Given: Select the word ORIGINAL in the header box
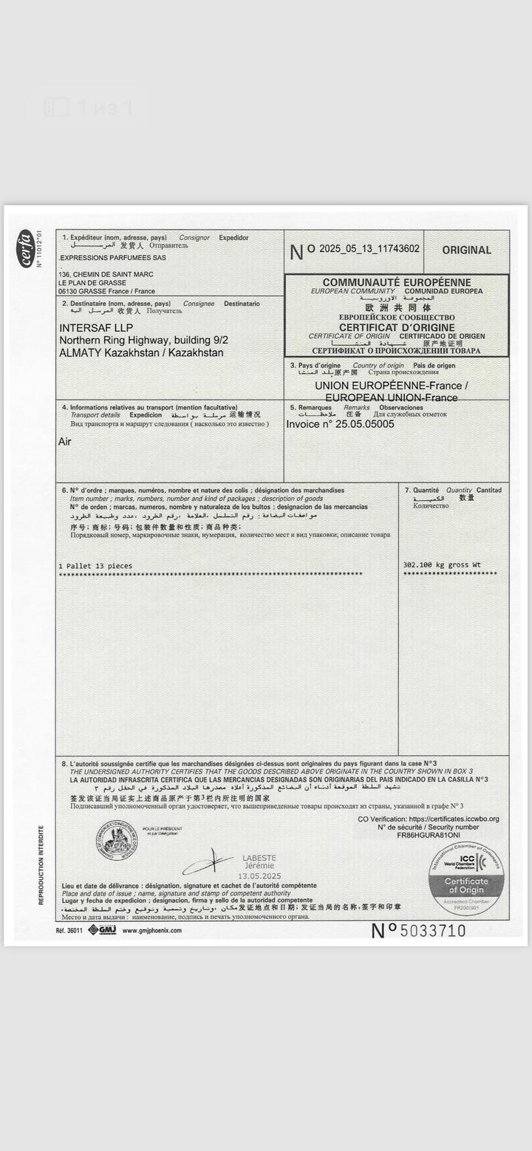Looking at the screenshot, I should pos(466,250).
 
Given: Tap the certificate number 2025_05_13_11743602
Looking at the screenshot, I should pos(364,249).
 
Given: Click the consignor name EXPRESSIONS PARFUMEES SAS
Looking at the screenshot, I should pos(112,258).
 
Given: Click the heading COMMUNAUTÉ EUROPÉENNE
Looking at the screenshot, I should pos(396,283).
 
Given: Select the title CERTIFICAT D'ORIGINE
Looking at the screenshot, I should pos(397,327).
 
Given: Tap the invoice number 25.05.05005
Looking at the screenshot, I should pos(365,424).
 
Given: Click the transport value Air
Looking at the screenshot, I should pos(65,442).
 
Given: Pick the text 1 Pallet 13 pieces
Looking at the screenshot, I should pos(95,566).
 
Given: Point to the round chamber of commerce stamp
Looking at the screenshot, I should pos(116,841).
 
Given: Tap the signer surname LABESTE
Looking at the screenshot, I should pos(259,858).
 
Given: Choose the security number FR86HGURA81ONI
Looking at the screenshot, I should pos(428,836).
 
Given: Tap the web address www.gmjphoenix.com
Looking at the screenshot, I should pos(151,930).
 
